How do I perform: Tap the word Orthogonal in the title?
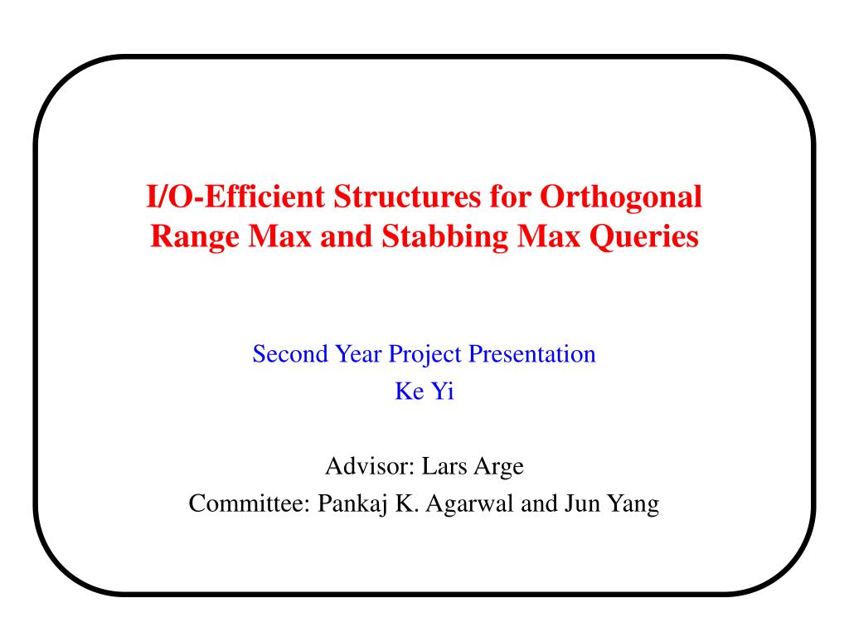coord(621,197)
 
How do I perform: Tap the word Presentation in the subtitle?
coord(532,354)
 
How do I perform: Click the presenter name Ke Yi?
coord(424,391)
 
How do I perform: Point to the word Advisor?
coord(370,466)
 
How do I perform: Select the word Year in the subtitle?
coord(357,354)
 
